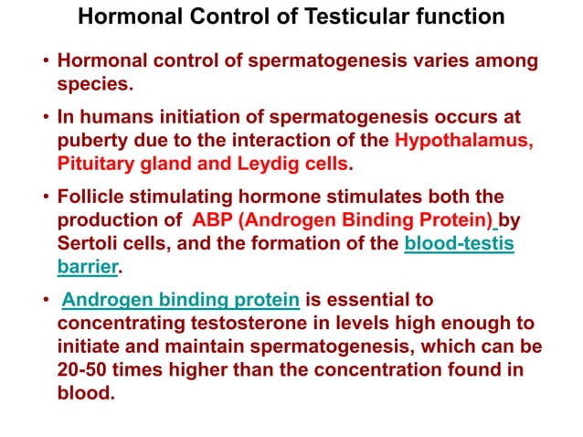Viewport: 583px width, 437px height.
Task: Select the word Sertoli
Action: (90, 244)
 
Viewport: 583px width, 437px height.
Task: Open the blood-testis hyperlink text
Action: (459, 244)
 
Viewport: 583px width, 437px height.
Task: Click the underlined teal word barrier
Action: (89, 267)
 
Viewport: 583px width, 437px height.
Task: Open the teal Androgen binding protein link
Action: (179, 300)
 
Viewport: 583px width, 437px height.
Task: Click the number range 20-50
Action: (83, 369)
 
